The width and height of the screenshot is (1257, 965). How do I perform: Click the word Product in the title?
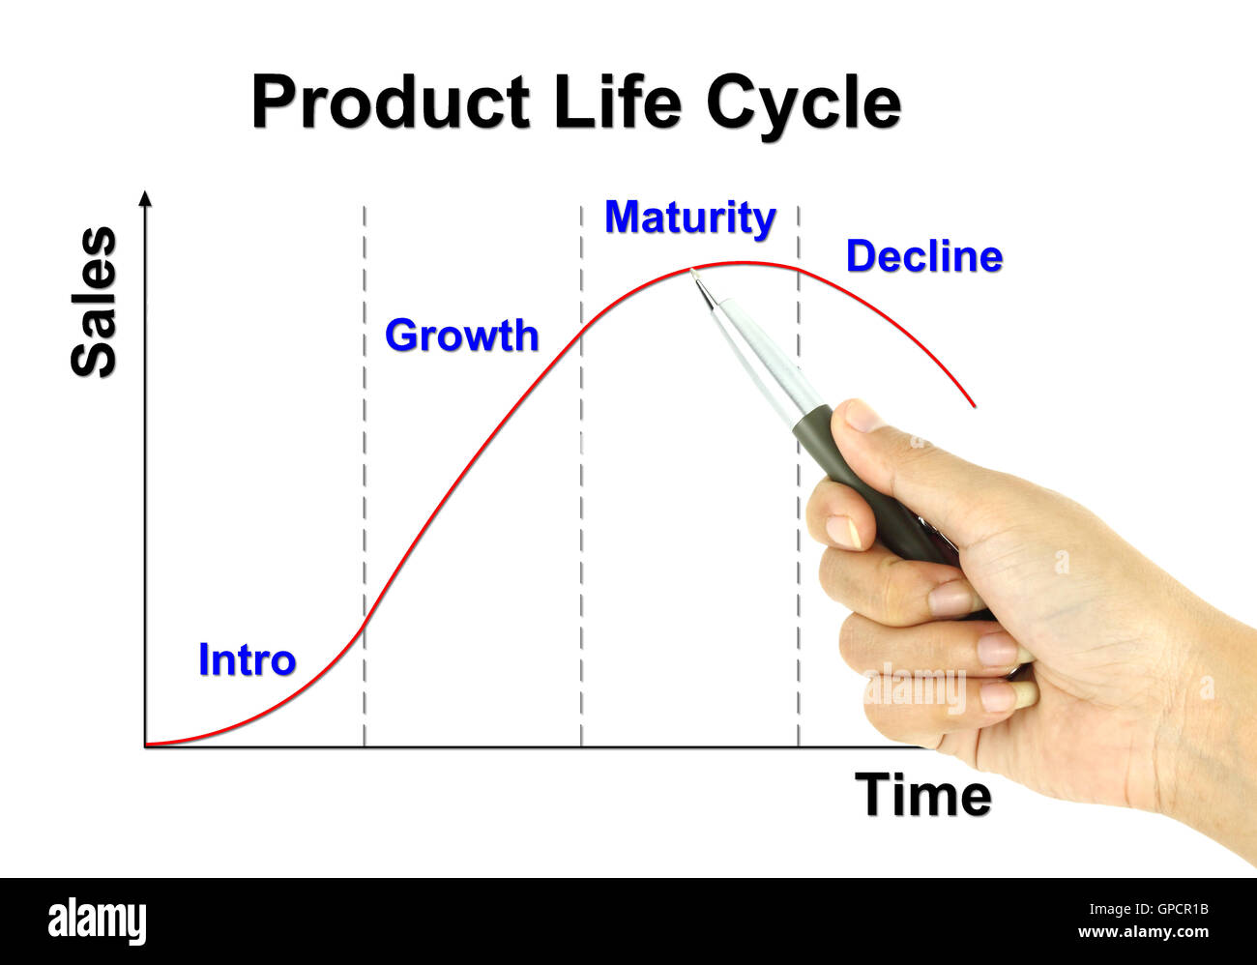click(x=391, y=102)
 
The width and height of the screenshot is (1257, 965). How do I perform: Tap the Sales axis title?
click(x=94, y=302)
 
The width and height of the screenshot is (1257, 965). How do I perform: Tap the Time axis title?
click(x=922, y=795)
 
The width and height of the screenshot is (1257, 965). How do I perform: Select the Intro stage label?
click(x=247, y=660)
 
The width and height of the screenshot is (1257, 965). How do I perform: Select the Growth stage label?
click(x=461, y=336)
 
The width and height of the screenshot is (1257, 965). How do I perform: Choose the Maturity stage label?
click(x=689, y=218)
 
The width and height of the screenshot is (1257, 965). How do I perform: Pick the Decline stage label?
click(x=923, y=256)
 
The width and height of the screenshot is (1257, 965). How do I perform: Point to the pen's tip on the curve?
click(x=692, y=273)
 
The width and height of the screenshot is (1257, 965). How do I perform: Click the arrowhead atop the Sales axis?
click(x=145, y=198)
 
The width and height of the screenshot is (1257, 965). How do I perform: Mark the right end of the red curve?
click(x=974, y=405)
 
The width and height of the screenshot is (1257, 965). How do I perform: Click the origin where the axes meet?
click(x=145, y=746)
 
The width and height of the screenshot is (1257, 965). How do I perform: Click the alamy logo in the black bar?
click(x=97, y=921)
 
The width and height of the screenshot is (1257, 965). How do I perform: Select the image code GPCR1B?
click(x=1169, y=909)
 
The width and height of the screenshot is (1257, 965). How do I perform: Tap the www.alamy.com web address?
click(x=1143, y=932)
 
